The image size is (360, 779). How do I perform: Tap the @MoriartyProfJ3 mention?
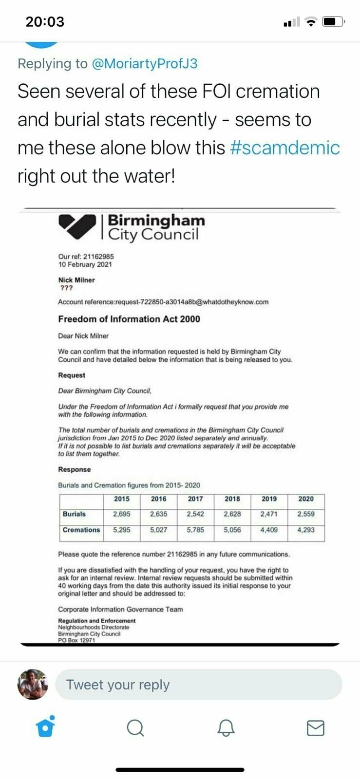click(x=144, y=64)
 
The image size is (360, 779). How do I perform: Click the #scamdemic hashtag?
click(x=284, y=148)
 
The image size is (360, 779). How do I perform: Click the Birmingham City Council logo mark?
click(x=77, y=226)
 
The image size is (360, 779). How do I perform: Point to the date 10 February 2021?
click(x=85, y=264)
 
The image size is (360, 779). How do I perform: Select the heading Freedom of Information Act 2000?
click(x=129, y=319)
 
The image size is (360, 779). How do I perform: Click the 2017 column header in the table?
click(x=195, y=499)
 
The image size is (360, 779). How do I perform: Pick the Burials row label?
click(x=74, y=514)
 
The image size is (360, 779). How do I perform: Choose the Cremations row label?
click(x=81, y=530)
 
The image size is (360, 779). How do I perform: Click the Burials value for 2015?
click(x=121, y=514)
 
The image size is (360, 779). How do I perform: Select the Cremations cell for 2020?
click(x=306, y=530)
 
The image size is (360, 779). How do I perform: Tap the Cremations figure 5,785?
click(x=195, y=530)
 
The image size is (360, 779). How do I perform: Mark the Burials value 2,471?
click(x=269, y=514)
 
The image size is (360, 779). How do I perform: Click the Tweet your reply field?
click(x=198, y=685)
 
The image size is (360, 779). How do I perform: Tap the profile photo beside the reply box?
click(x=33, y=684)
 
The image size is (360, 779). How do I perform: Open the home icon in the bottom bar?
click(x=45, y=727)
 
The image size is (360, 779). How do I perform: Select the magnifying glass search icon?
click(x=135, y=728)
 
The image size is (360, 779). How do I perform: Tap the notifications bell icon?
click(x=225, y=728)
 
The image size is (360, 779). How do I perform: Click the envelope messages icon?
click(x=315, y=728)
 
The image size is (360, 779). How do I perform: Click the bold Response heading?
click(x=75, y=469)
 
